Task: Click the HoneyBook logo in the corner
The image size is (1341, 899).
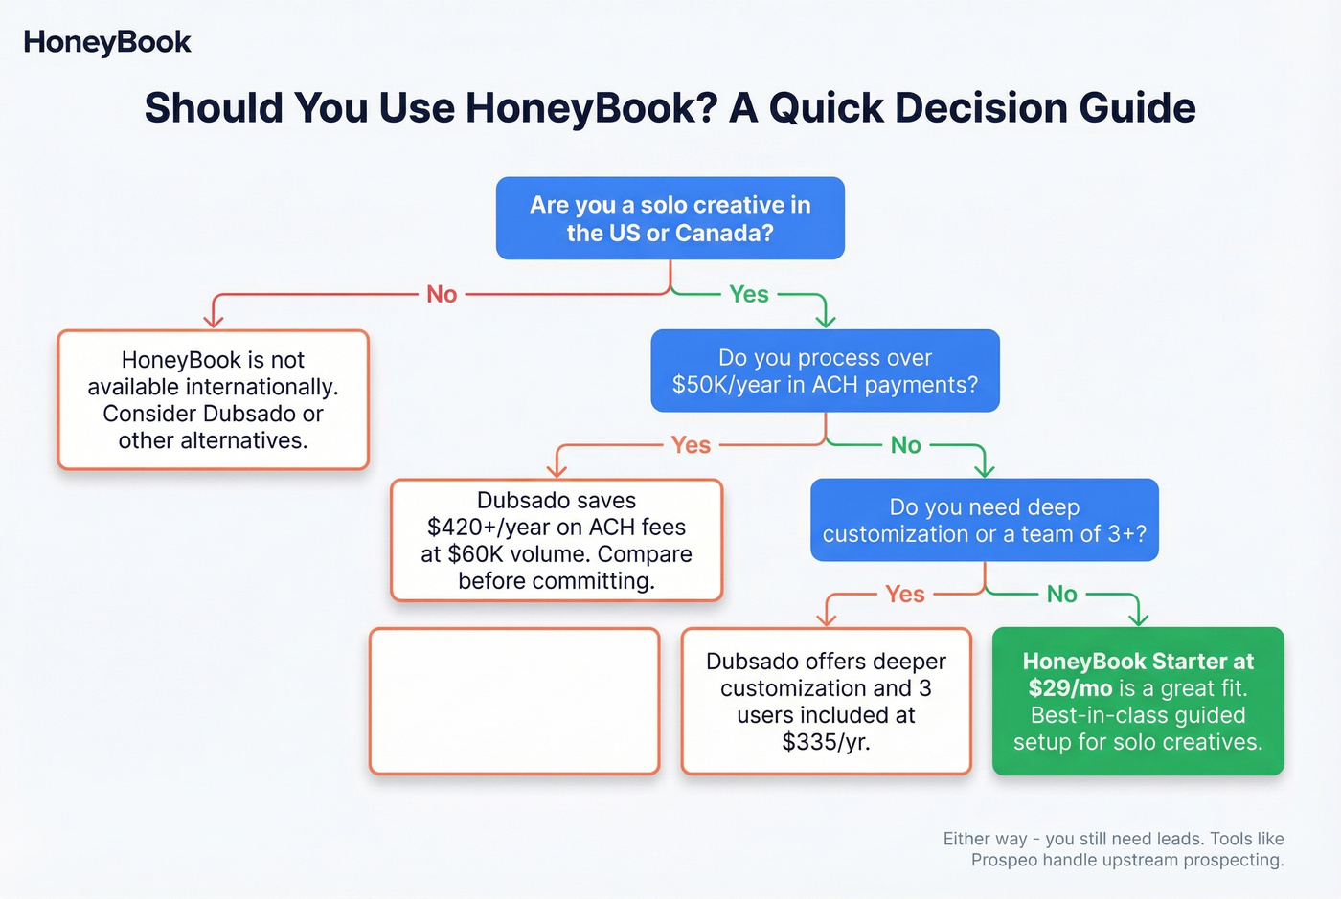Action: [107, 42]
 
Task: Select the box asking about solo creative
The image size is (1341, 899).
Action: [670, 218]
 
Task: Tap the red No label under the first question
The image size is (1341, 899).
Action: [442, 294]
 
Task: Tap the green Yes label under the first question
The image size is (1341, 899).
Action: [748, 294]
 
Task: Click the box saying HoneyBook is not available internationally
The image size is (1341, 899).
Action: [213, 400]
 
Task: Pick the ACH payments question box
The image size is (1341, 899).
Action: [825, 371]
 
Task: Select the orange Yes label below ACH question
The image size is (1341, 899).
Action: [691, 445]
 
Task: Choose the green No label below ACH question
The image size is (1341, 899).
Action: [905, 445]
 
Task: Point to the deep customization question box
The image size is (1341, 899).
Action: [984, 520]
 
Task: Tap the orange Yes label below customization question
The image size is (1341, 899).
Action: [904, 595]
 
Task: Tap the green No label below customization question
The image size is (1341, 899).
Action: [1061, 595]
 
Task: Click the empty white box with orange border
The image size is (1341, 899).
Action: [514, 701]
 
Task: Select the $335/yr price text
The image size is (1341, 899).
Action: [826, 742]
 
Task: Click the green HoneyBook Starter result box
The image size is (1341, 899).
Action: [1138, 702]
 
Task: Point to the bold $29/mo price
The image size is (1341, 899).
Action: [1070, 688]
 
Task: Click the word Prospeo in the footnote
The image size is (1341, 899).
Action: [1004, 860]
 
